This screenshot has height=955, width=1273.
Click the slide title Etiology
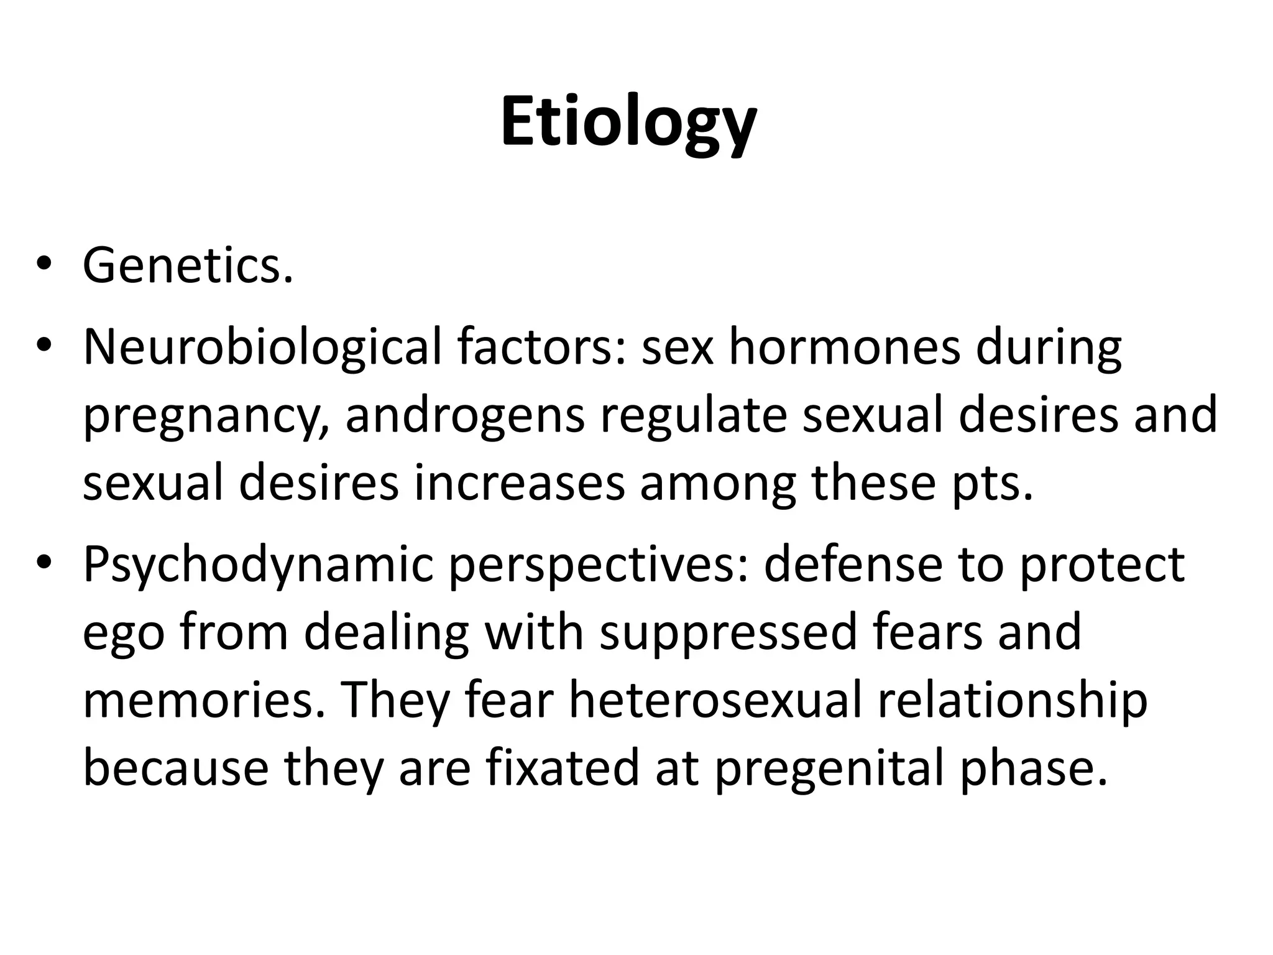[628, 122]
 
